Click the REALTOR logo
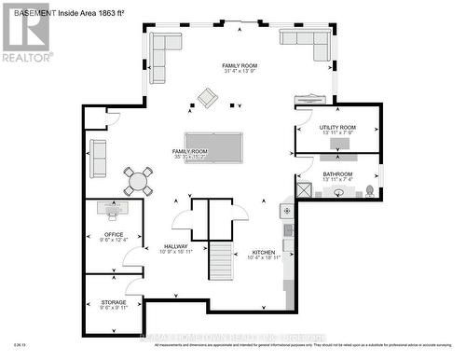25,32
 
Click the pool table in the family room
213,147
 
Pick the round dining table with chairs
138,180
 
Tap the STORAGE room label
114,302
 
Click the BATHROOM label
337,173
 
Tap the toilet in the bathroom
370,190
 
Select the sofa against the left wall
97,158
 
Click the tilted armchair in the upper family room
205,96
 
